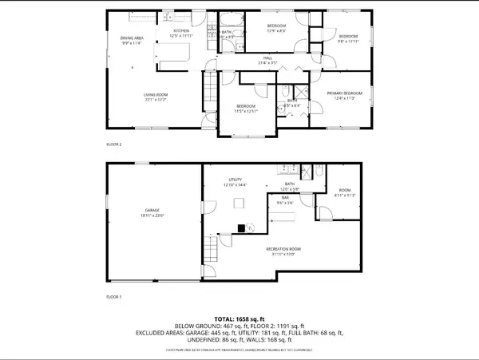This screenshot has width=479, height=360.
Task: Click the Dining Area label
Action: coord(131,38)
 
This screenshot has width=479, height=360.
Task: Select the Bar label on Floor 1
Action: coord(284,197)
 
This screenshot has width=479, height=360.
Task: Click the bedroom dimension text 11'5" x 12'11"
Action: coord(246,111)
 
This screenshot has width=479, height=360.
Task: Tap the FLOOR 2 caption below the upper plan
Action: coord(115,144)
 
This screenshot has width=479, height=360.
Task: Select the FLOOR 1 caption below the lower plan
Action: coord(115,295)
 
